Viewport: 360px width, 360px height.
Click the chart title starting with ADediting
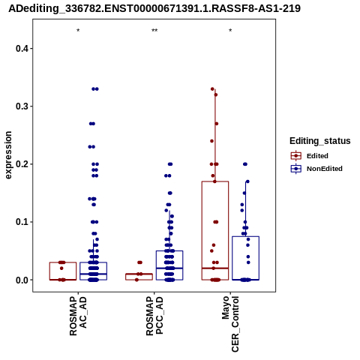(154, 8)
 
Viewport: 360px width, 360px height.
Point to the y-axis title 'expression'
(8, 155)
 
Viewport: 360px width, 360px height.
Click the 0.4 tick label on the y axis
(22, 49)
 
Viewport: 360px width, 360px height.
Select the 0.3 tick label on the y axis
(22, 106)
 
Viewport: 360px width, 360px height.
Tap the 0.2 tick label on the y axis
(22, 164)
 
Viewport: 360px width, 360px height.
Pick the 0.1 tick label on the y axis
(22, 222)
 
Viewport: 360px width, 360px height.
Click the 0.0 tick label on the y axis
(22, 280)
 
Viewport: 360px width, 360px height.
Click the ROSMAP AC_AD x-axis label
(78, 316)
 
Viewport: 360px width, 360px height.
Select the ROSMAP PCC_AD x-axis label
(154, 316)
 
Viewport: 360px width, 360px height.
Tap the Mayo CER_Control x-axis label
(230, 324)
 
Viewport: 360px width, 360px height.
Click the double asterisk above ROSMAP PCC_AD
(154, 31)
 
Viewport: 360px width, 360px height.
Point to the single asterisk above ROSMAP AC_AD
(78, 31)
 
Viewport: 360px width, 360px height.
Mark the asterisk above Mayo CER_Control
(230, 31)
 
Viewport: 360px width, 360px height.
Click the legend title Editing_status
(320, 141)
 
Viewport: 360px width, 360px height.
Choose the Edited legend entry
(310, 156)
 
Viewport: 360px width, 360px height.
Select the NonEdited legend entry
(316, 169)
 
